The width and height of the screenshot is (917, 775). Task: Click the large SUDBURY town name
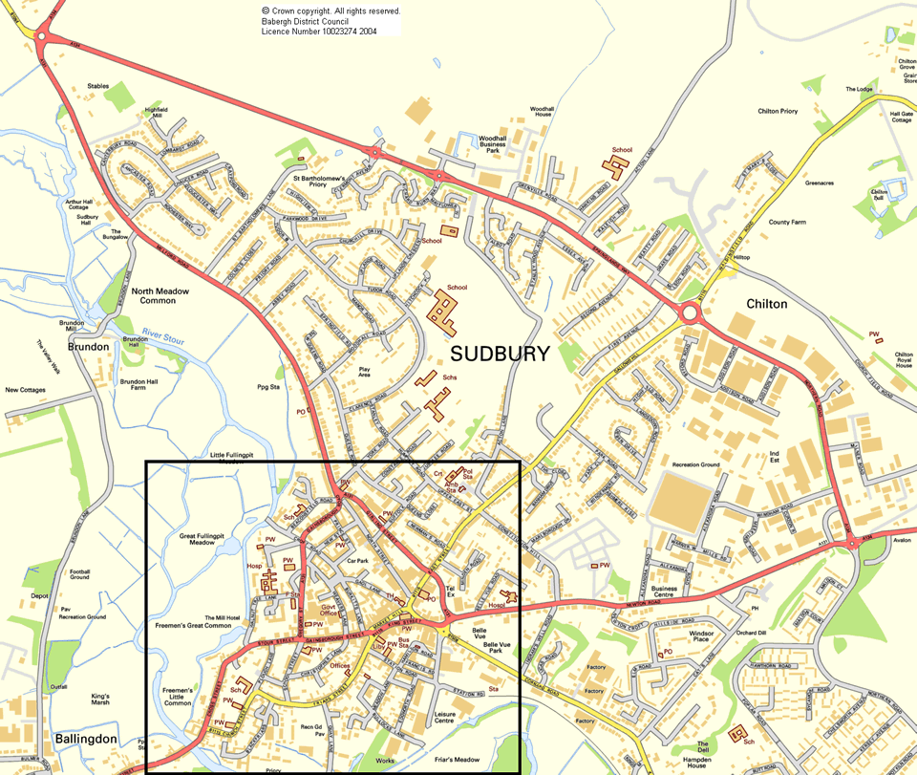click(x=500, y=354)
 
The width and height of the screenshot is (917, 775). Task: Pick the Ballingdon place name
click(x=86, y=739)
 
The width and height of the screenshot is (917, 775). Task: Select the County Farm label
click(x=788, y=222)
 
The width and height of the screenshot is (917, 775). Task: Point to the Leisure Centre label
click(x=449, y=718)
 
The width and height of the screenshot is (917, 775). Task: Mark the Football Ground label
click(x=79, y=574)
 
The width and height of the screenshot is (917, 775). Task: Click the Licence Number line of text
click(x=319, y=32)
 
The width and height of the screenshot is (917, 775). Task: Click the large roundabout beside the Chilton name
click(x=689, y=313)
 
